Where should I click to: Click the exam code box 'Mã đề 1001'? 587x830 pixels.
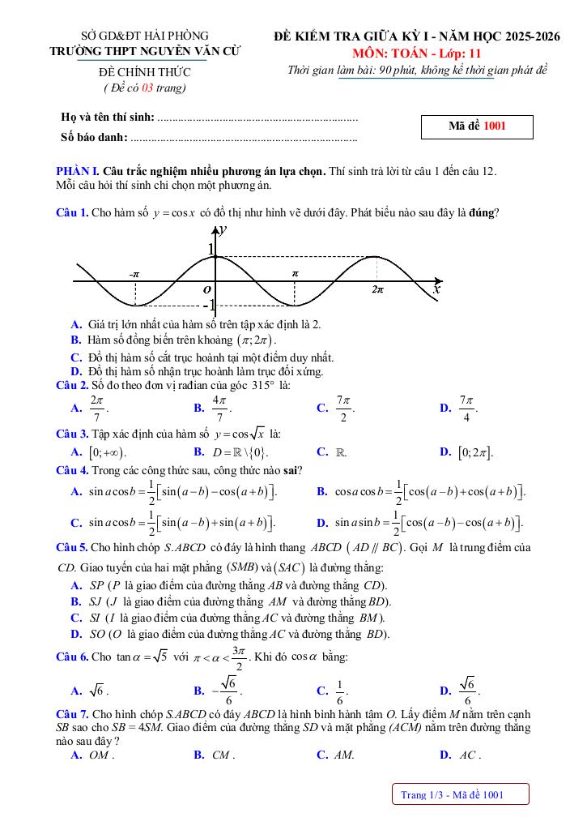coord(477,126)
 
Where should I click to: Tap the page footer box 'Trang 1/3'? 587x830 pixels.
coord(459,794)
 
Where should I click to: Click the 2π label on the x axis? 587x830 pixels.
coord(377,289)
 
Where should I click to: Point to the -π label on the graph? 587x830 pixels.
coord(134,274)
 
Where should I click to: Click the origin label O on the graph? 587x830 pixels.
coord(207,289)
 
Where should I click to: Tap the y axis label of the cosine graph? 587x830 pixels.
coord(222,229)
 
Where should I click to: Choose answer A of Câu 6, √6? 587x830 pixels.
coord(98,691)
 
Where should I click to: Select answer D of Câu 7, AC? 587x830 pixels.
coord(467,755)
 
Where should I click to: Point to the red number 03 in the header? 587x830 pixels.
coord(147,88)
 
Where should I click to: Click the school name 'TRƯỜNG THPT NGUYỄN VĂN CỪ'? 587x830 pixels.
coord(145,51)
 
